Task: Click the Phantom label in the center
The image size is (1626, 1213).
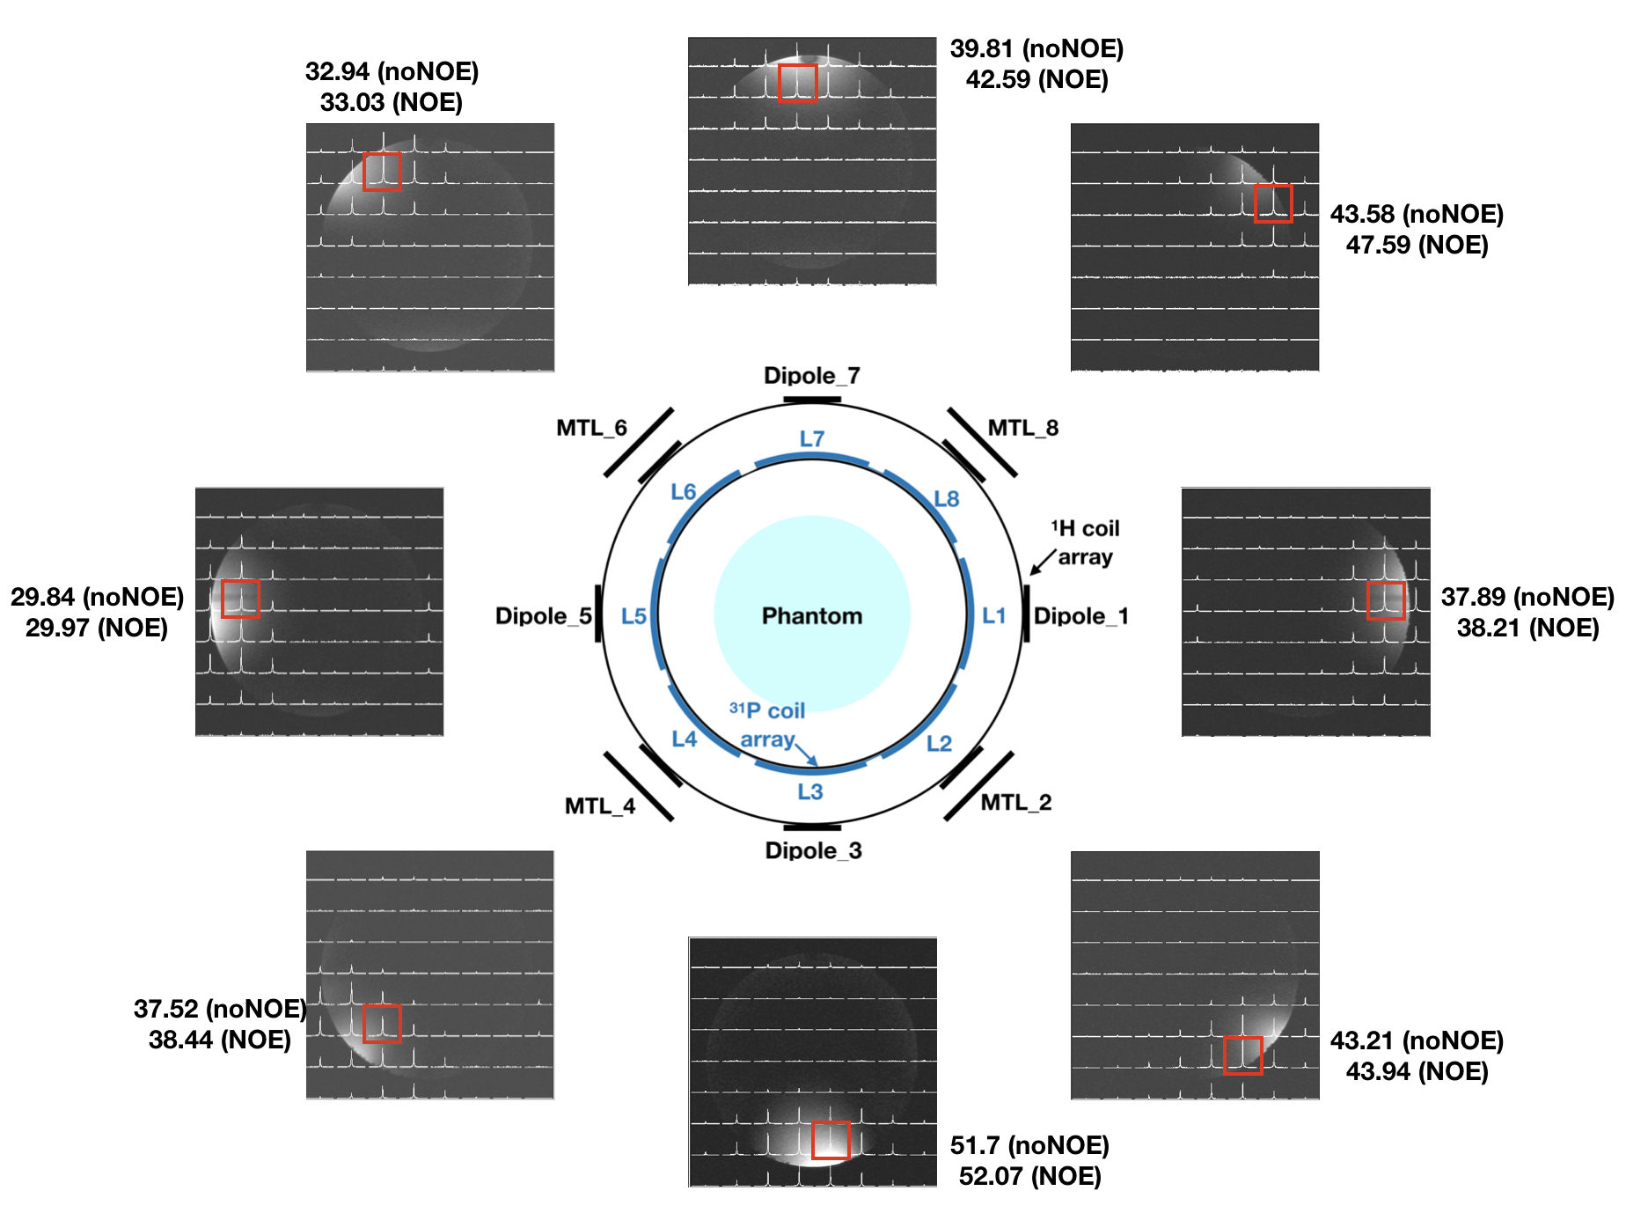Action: click(x=811, y=615)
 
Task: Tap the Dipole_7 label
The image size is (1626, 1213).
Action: click(x=811, y=376)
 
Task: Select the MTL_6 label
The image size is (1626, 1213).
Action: click(x=591, y=428)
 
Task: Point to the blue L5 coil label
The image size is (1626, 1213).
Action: click(x=634, y=616)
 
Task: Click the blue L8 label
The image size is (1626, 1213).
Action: click(x=947, y=499)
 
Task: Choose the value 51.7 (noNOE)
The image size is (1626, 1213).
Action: click(x=1029, y=1145)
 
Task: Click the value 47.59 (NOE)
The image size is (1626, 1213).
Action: click(x=1417, y=245)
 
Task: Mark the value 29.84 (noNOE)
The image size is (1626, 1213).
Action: click(x=97, y=597)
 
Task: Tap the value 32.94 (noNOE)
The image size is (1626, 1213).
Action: click(x=392, y=71)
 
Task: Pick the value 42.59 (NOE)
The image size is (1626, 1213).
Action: click(x=1036, y=79)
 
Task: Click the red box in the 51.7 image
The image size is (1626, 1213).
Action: click(x=830, y=1140)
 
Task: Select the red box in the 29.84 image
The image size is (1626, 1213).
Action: click(x=240, y=599)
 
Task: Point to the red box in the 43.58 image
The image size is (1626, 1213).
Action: click(x=1272, y=203)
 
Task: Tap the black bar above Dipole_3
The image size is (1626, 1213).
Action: click(x=811, y=827)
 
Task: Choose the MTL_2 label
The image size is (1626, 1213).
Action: click(x=1016, y=802)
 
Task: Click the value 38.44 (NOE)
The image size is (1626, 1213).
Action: click(x=219, y=1040)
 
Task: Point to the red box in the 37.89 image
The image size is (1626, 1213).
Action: click(x=1386, y=600)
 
